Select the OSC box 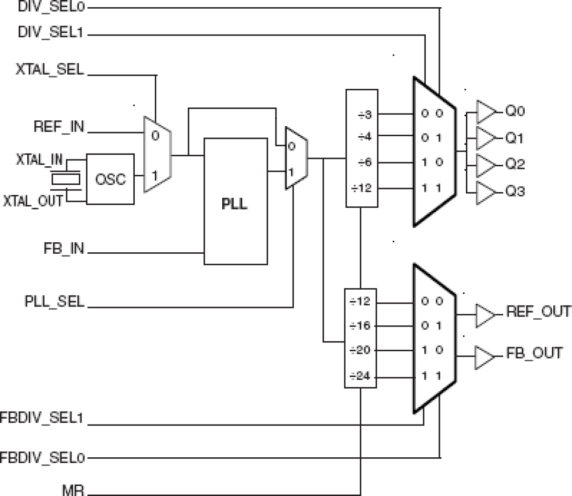point(110,179)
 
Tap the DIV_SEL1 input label point(51,33)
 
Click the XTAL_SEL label point(50,70)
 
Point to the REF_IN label point(59,127)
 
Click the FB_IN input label point(64,249)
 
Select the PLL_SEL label point(55,302)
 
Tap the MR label point(73,491)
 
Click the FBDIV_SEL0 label point(42,457)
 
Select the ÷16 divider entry point(360,326)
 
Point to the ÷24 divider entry point(360,376)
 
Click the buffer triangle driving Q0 point(485,112)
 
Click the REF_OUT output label point(538,312)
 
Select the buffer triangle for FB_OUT point(484,357)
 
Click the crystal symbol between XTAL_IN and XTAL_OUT point(65,179)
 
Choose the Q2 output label point(515,164)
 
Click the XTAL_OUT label point(33,201)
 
